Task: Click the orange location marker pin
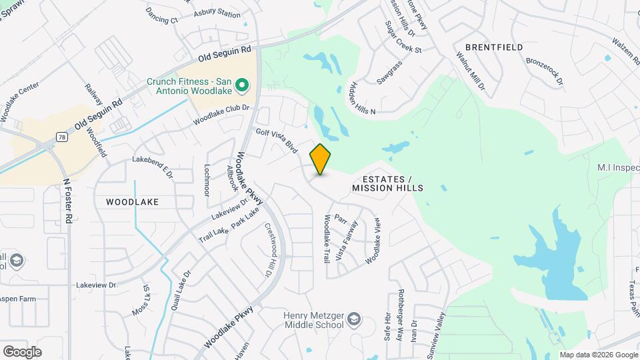coord(321,159)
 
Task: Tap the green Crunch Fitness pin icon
coord(243,85)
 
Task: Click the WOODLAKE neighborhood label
coord(132,201)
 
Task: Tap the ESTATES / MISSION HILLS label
coord(387,184)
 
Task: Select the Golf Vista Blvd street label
coord(277,141)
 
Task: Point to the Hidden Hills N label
coord(363,98)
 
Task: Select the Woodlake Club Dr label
coord(221,115)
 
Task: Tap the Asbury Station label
coord(217,13)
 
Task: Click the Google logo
coord(22,351)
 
